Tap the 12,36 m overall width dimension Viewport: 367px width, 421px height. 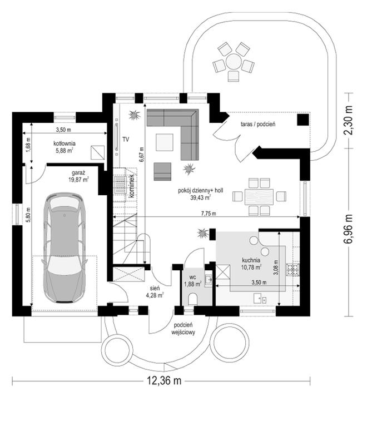click(x=164, y=380)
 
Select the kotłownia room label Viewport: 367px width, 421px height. click(x=65, y=143)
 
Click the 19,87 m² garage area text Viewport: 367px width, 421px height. click(x=78, y=180)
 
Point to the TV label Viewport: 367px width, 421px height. click(x=126, y=140)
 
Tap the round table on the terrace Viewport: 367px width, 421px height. click(x=234, y=62)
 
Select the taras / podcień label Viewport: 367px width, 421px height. click(x=257, y=125)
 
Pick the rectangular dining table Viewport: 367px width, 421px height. click(x=259, y=196)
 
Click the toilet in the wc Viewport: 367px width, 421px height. click(x=193, y=299)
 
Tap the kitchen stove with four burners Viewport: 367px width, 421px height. click(x=292, y=270)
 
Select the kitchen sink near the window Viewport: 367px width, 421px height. click(x=260, y=298)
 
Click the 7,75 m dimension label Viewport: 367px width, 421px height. click(x=209, y=214)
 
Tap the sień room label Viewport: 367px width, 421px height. click(x=155, y=289)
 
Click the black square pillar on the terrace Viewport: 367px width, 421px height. click(x=303, y=120)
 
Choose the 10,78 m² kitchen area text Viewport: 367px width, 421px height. click(x=251, y=267)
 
